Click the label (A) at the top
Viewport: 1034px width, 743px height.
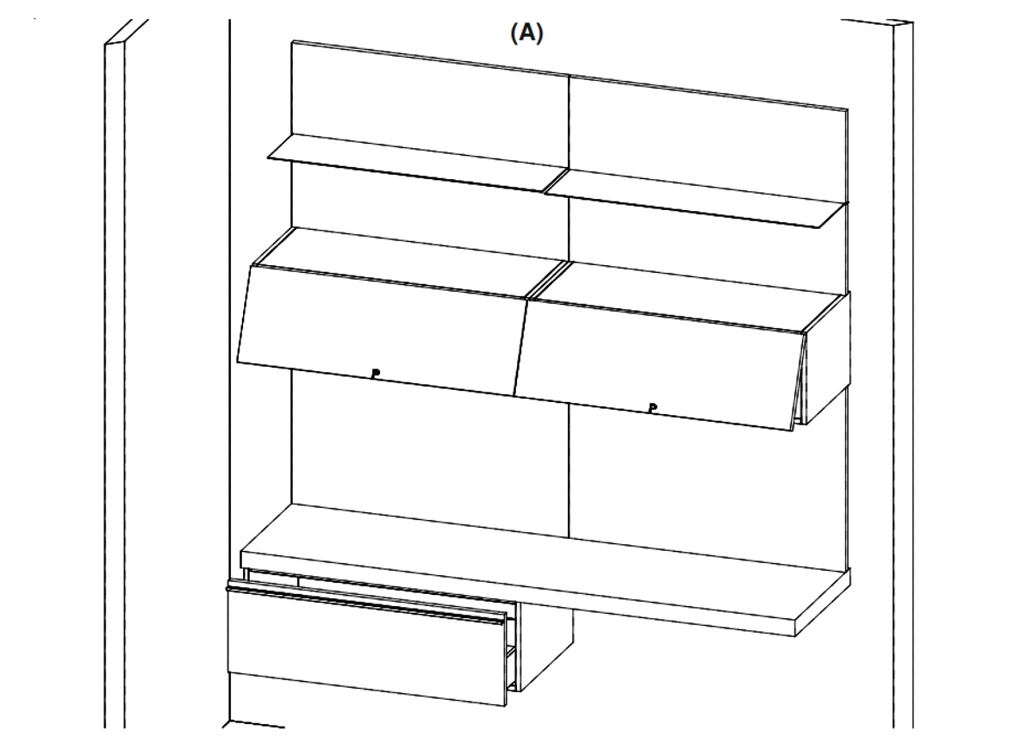point(526,34)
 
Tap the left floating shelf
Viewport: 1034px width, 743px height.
point(418,163)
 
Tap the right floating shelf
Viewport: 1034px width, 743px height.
point(696,198)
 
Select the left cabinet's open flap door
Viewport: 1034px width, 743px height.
point(383,331)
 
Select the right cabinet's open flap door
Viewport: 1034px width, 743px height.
point(659,365)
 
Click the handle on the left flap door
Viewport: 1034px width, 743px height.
point(376,373)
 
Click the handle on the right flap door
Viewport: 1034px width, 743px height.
point(652,408)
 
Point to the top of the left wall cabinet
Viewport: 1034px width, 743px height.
point(411,262)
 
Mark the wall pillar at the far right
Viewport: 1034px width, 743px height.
point(903,374)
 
